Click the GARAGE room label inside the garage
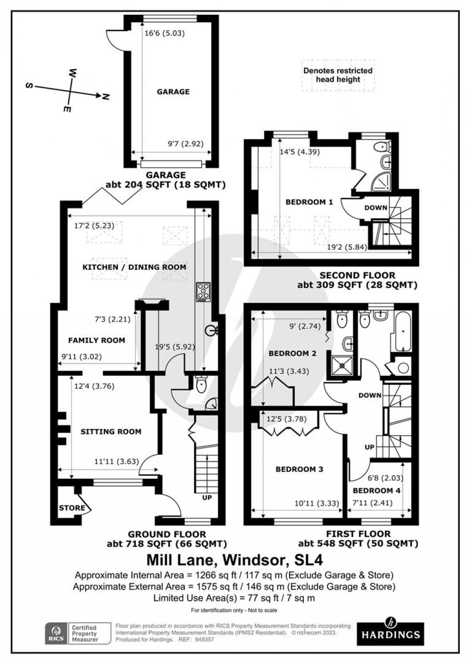[173, 92]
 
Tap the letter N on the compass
[106, 96]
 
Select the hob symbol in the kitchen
[203, 292]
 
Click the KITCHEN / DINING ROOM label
[134, 267]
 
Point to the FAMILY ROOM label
[97, 340]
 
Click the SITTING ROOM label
[111, 431]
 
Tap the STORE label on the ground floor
[72, 508]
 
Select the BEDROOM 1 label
[309, 202]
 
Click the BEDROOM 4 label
[377, 490]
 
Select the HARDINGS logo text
[390, 635]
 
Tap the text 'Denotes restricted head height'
[338, 75]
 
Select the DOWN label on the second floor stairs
[376, 208]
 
